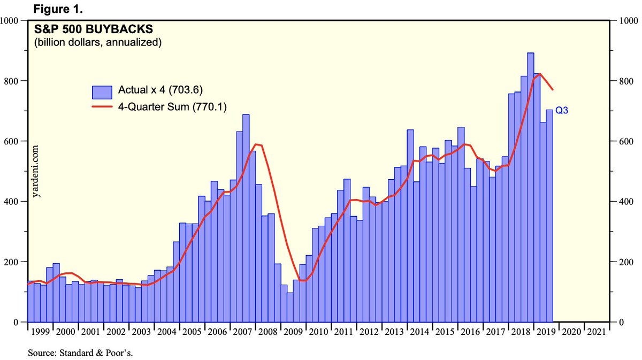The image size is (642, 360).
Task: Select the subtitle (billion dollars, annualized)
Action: (98, 42)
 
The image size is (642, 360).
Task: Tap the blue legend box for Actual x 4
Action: (102, 92)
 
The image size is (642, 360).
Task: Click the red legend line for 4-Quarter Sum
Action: (102, 107)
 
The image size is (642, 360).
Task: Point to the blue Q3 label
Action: (562, 111)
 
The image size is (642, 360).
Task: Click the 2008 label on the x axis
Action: (268, 332)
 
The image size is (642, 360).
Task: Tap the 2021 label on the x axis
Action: (597, 332)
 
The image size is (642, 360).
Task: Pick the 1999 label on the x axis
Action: (40, 332)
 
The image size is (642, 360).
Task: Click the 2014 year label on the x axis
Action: (419, 332)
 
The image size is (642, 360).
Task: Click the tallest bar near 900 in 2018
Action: (530, 187)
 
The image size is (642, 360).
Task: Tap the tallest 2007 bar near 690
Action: (246, 214)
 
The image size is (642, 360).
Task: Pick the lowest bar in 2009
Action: (290, 307)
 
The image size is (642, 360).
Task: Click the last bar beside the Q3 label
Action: (549, 214)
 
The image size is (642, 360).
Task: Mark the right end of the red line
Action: (553, 89)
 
